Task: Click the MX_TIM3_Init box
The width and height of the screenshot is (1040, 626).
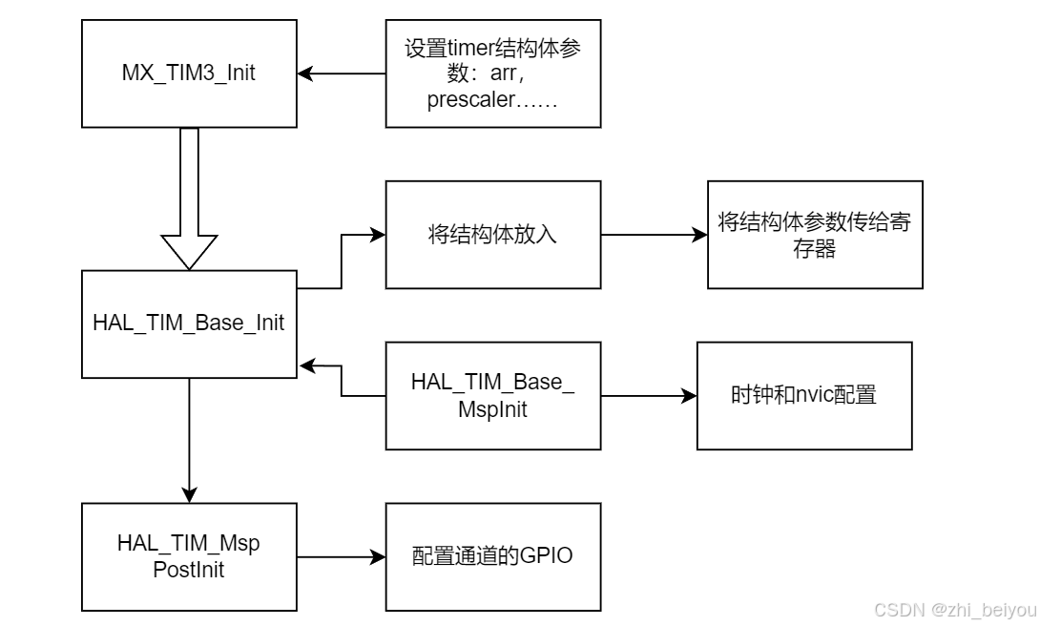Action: pos(188,73)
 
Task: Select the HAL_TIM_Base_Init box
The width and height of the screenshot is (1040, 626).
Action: pos(188,323)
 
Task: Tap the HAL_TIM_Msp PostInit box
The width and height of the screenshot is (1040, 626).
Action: pos(188,556)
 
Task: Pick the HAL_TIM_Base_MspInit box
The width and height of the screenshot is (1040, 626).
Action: pos(493,394)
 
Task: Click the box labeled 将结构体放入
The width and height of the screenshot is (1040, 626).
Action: pos(493,234)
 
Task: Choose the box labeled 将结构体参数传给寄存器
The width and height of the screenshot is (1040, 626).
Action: pos(815,234)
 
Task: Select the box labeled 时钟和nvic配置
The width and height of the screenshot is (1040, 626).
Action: pos(804,394)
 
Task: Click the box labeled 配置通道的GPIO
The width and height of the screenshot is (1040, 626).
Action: pos(493,556)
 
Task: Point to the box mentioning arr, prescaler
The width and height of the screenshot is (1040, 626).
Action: pos(493,73)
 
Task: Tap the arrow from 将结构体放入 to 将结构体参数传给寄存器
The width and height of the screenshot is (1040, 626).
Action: pos(654,234)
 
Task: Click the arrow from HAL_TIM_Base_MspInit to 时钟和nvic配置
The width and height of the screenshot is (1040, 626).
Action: pos(649,394)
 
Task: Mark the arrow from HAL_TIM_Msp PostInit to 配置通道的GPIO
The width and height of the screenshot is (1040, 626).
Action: pos(342,556)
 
